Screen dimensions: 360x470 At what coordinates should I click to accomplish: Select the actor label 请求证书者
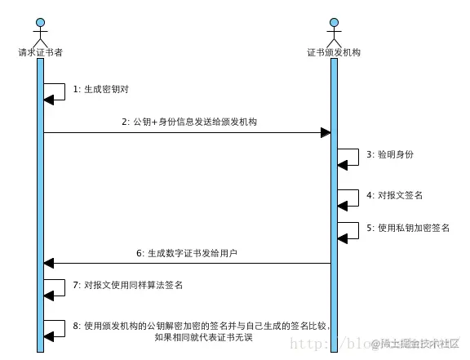[x=40, y=51]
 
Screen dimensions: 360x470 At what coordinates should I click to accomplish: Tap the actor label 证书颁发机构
[x=334, y=51]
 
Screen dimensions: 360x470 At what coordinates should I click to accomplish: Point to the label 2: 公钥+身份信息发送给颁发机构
[x=191, y=122]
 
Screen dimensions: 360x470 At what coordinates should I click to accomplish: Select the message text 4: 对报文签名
[x=394, y=195]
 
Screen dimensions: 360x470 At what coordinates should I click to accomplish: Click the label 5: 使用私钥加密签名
[x=408, y=228]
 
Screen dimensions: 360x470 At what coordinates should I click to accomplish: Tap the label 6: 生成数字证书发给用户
[x=191, y=253]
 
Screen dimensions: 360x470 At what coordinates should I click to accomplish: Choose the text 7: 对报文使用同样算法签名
[x=127, y=286]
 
